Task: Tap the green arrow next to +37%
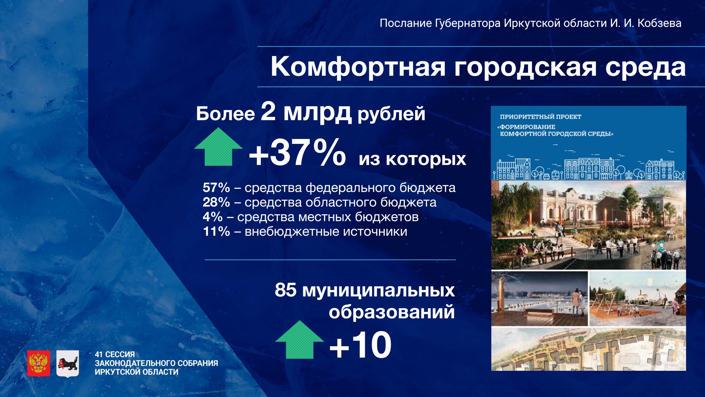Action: pos(218,147)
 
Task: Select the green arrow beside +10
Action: pos(300,340)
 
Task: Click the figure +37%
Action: pos(297,153)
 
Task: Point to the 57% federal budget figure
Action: pos(216,188)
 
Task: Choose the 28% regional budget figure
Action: pos(216,202)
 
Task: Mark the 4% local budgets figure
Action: pos(213,217)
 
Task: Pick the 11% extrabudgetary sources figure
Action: pos(216,232)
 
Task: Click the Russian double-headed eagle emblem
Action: pos(39,363)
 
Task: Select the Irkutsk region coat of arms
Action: pos(67,363)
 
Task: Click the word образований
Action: pos(392,312)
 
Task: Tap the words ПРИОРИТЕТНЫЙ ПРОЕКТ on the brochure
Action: pos(541,117)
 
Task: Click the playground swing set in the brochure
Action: pos(606,303)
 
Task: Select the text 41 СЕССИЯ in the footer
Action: pos(115,354)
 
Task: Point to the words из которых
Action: pos(412,159)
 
